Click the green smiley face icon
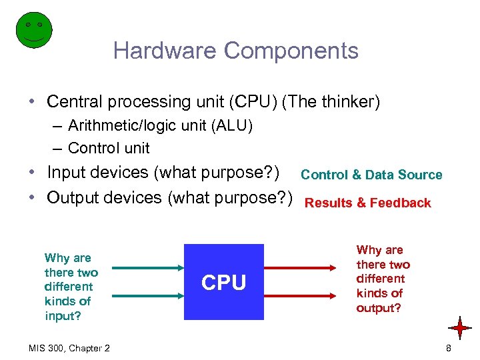point(33,29)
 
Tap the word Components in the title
point(291,51)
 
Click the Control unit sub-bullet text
point(109,148)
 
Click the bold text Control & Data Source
point(371,175)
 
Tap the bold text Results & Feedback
point(367,203)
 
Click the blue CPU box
point(224,283)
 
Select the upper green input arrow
point(147,268)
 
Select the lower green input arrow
point(147,296)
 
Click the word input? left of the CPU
point(63,316)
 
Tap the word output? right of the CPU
point(379,308)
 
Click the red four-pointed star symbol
point(460,328)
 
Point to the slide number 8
point(449,348)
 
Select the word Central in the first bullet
point(73,102)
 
